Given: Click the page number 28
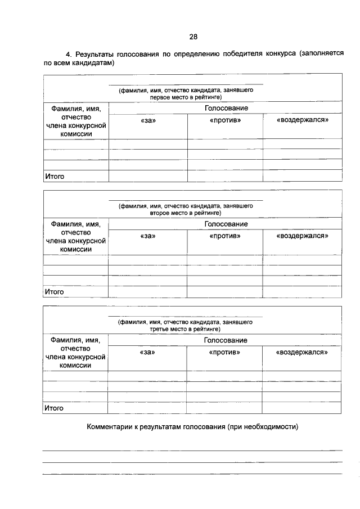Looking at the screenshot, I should click(193, 37).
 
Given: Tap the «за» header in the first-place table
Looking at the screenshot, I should click(147, 120).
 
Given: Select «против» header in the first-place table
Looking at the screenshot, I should click(225, 120).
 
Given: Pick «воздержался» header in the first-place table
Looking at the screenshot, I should click(302, 120).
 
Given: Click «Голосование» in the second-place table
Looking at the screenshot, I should click(226, 224).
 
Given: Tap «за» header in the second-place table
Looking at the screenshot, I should click(147, 236).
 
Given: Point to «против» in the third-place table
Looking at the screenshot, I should click(224, 352).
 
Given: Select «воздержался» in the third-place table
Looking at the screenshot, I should click(301, 352).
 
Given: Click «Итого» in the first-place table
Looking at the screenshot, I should click(55, 176).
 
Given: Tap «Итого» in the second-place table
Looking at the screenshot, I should click(55, 292).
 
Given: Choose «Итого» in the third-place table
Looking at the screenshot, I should click(54, 408).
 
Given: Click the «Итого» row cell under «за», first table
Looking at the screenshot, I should click(147, 176).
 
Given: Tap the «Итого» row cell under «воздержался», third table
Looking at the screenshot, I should click(301, 408).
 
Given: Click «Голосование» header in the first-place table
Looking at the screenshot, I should click(226, 108).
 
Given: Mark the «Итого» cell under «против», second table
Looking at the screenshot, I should click(224, 292).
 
